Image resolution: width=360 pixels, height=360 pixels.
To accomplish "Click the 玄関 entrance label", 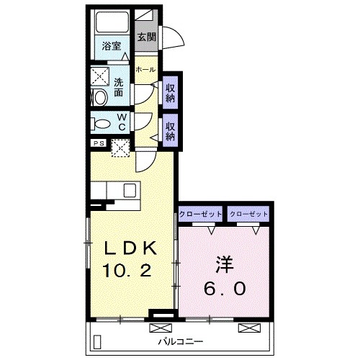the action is coord(147,37).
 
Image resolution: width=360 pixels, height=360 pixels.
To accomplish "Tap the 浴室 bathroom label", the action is coord(112,46).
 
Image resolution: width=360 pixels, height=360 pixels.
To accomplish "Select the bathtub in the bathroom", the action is coord(112,22).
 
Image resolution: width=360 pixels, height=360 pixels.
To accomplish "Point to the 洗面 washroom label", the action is coord(119,87).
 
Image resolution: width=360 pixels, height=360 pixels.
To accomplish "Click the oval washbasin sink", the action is coord(101,97).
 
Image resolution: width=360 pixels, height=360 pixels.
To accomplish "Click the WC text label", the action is coord(122,122).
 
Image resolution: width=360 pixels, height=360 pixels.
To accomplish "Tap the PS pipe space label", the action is coord(99,143).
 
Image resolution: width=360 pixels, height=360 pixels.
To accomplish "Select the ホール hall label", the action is coord(145,70).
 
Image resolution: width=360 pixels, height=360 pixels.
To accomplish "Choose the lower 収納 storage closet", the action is coord(170,130).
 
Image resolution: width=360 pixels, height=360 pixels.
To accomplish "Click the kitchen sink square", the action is coord(130,190).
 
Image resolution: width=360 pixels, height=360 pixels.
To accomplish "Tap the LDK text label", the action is coord(130,248).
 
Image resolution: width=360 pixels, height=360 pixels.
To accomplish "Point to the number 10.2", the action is coord(127,270).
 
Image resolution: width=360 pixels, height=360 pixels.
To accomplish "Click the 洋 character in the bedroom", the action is coord(225,264).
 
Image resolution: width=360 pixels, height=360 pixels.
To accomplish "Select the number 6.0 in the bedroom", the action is coord(225,288).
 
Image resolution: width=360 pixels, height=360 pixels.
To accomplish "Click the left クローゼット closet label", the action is coord(200,214).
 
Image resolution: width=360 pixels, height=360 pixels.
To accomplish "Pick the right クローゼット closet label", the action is coord(248,214).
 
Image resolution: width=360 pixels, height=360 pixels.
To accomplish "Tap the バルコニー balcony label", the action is coord(181,341).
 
